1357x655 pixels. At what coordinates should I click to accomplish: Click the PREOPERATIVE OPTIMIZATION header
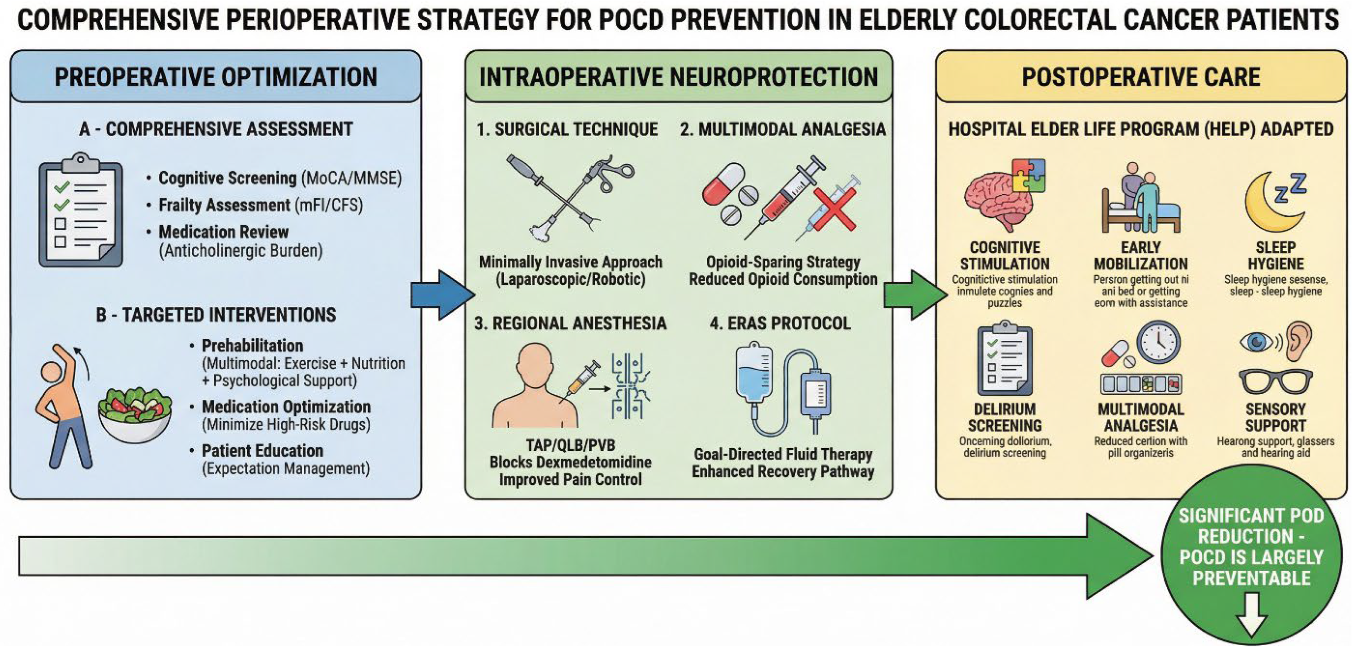[215, 77]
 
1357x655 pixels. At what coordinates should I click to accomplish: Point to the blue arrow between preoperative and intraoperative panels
[441, 295]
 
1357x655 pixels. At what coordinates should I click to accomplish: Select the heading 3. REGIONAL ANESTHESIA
[570, 323]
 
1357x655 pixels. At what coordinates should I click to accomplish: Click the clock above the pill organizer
[1158, 343]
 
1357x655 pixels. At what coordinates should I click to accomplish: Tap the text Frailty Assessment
[224, 205]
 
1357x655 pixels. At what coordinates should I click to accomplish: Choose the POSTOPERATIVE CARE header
[1141, 77]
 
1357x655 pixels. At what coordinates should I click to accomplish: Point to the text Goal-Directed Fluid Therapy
[783, 454]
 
